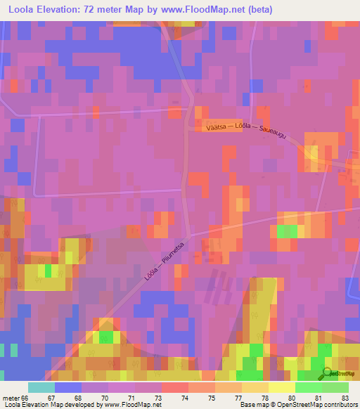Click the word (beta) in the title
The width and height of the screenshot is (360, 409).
pyautogui.click(x=257, y=10)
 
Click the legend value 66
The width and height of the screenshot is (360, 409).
pyautogui.click(x=27, y=398)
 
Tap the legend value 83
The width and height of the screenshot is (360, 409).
pyautogui.click(x=343, y=398)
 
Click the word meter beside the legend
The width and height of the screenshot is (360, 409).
pyautogui.click(x=11, y=398)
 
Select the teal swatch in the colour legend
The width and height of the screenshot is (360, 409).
pyautogui.click(x=41, y=387)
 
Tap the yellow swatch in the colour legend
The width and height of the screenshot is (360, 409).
pyautogui.click(x=281, y=387)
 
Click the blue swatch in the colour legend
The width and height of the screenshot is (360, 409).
pyautogui.click(x=67, y=387)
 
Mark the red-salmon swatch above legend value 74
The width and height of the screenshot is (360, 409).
pyautogui.click(x=174, y=387)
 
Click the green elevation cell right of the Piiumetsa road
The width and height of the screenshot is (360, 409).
pyautogui.click(x=285, y=231)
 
